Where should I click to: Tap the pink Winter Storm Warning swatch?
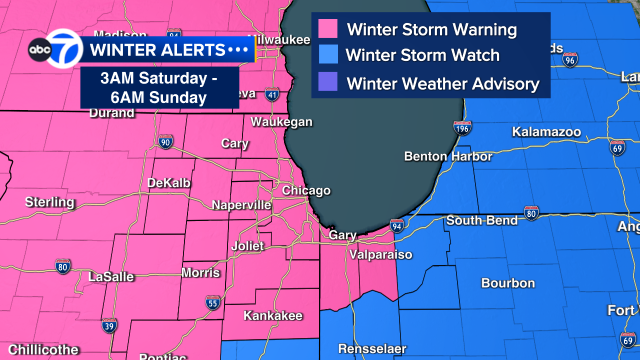[327, 28]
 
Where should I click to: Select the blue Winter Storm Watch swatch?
[327, 56]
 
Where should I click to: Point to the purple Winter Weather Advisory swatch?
[327, 84]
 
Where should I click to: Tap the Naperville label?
[241, 205]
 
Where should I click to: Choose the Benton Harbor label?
[448, 157]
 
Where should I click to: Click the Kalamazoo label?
[546, 131]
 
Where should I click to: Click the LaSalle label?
[111, 276]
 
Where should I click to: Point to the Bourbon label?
[508, 283]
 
